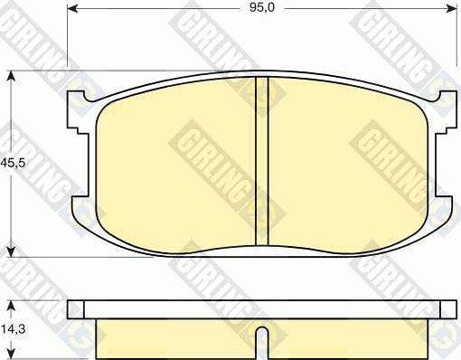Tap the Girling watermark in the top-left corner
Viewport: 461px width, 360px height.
click(27, 27)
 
